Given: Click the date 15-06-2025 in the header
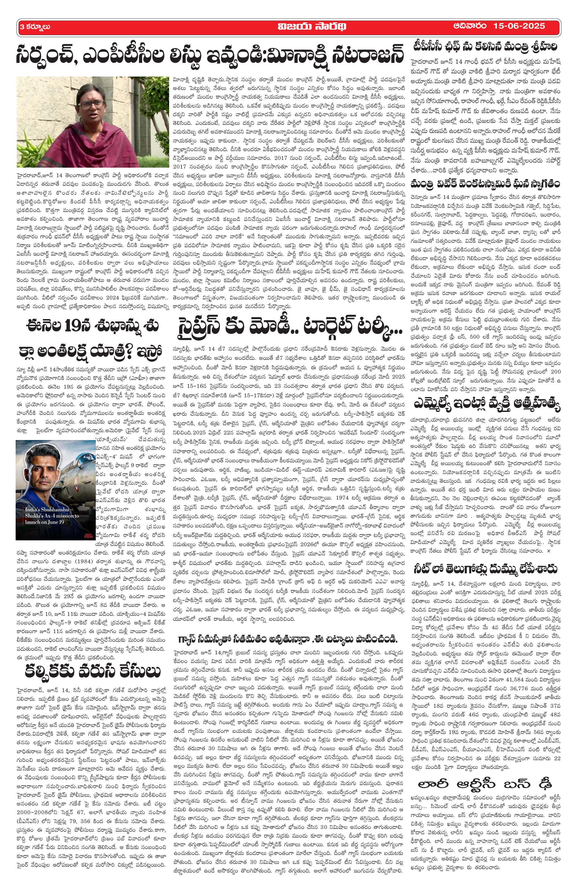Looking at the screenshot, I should (519, 26).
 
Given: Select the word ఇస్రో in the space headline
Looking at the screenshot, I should (148, 351).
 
